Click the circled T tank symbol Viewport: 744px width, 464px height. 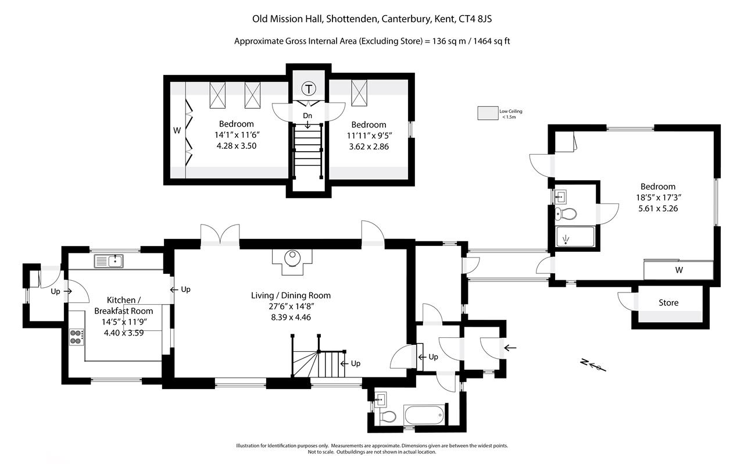click(309, 89)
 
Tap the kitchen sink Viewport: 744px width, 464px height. click(109, 261)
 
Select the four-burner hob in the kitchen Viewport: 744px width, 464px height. click(76, 337)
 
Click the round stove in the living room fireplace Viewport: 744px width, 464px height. click(292, 258)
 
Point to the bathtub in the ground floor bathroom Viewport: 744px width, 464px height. click(424, 415)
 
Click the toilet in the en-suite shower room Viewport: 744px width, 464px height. click(566, 214)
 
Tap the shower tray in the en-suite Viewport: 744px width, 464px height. click(575, 237)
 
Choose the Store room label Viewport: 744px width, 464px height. click(668, 302)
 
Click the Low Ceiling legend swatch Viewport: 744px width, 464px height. click(488, 113)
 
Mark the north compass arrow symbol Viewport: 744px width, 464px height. click(593, 365)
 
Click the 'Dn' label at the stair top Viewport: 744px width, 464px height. click(307, 116)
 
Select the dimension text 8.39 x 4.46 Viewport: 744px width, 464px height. click(291, 317)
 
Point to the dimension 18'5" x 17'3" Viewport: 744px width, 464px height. click(659, 198)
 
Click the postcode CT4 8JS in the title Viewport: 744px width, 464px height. click(475, 19)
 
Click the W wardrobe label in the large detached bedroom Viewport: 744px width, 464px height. click(679, 270)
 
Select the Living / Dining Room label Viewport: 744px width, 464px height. click(291, 295)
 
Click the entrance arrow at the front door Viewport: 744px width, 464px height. click(510, 348)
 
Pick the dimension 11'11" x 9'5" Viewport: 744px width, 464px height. click(369, 135)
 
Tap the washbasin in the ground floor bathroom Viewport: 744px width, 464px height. click(380, 400)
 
